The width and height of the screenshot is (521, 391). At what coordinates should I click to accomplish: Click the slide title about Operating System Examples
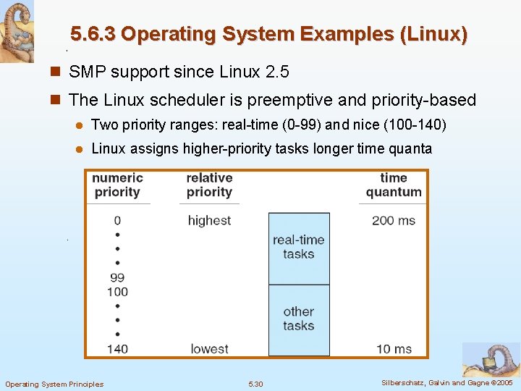tap(268, 34)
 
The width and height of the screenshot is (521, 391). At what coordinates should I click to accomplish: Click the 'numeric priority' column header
tap(117, 185)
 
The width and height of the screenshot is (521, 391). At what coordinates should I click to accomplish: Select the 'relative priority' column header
tap(209, 185)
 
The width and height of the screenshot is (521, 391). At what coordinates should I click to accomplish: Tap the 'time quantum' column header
tap(393, 185)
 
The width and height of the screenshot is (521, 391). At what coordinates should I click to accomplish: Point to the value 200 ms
tap(393, 220)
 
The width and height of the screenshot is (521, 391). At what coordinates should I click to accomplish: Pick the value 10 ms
tap(394, 349)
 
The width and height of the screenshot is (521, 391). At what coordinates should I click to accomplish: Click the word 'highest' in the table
tap(209, 220)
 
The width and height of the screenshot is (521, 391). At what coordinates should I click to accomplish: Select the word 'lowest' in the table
tap(209, 349)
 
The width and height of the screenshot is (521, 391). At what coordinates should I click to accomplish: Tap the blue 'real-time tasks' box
tap(299, 248)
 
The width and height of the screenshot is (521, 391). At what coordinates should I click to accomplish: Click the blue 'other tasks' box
tap(299, 319)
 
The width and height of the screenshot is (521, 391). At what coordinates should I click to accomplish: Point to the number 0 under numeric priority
tap(117, 220)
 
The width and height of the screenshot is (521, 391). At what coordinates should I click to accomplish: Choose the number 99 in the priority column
tap(117, 277)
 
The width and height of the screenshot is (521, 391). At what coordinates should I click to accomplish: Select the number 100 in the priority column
tap(117, 292)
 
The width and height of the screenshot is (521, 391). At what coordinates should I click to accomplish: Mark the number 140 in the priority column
tap(117, 349)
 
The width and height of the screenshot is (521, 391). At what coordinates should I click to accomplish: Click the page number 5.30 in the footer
tap(255, 384)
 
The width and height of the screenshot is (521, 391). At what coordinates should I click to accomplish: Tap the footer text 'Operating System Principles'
tap(54, 384)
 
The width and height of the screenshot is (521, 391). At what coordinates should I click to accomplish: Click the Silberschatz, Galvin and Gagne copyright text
tap(446, 383)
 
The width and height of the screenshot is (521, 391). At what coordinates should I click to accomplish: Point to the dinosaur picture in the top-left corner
tap(17, 31)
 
